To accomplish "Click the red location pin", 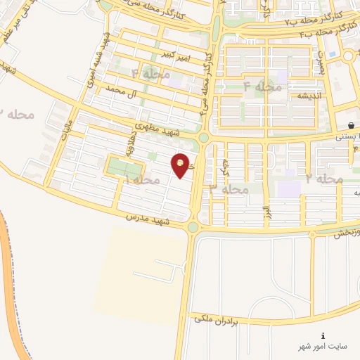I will [x=181, y=165].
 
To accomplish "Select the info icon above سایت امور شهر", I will [x=323, y=335].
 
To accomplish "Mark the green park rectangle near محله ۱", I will [x=124, y=167].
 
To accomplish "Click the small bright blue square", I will [x=331, y=72].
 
